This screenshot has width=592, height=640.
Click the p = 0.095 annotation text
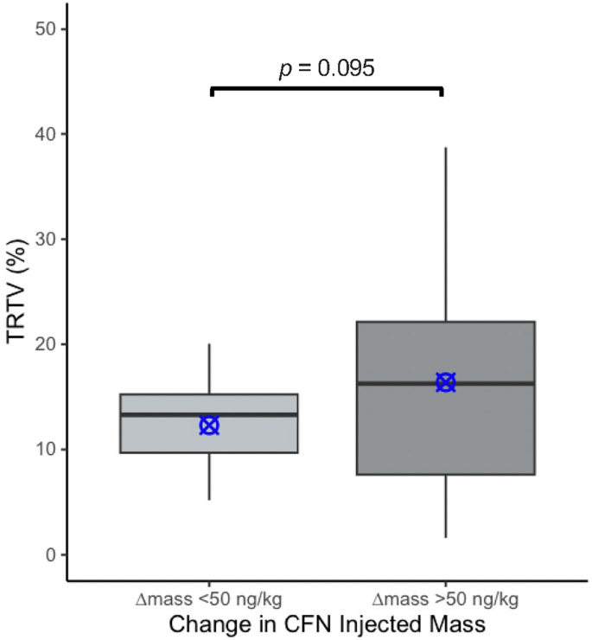coord(327,68)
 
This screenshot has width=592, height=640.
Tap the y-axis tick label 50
coord(48,29)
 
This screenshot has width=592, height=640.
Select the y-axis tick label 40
coord(48,134)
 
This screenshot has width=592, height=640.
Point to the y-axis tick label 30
coord(48,240)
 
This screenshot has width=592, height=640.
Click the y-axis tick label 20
coord(48,344)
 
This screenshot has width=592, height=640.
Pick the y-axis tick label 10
coord(48,450)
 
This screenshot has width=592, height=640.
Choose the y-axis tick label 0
coord(53,554)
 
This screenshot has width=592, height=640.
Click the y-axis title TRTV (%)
coord(17,292)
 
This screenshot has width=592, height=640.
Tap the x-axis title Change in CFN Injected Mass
coord(327,623)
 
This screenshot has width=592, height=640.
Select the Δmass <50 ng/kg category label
coord(209,599)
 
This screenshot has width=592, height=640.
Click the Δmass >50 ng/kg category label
coord(445,599)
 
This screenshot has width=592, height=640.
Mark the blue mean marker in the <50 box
coord(209,426)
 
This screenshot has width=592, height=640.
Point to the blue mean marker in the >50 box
coord(445,382)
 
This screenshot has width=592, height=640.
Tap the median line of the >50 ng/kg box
coord(398,383)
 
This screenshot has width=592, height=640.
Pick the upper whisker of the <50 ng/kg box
coord(209,368)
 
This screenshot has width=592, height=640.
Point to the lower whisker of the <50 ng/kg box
coord(209,476)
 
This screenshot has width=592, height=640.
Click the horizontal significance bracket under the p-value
coord(327,88)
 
